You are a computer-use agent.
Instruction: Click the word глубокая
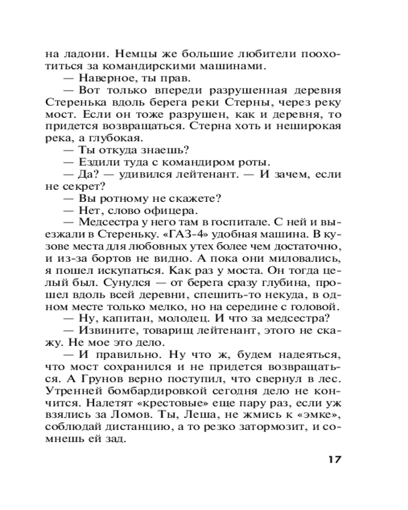[x=118, y=138]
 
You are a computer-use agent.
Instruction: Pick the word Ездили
[x=97, y=162]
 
